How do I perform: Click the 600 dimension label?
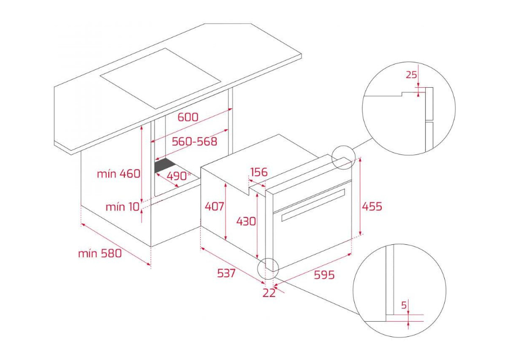pyautogui.click(x=188, y=117)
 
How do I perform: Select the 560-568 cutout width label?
pyautogui.click(x=195, y=142)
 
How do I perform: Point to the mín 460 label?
pyautogui.click(x=118, y=173)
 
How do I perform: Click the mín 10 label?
pyautogui.click(x=122, y=207)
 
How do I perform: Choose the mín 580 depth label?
pyautogui.click(x=100, y=253)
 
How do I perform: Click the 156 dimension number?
pyautogui.click(x=259, y=172)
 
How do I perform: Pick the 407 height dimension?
pyautogui.click(x=214, y=207)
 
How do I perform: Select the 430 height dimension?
pyautogui.click(x=246, y=221)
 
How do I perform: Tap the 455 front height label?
pyautogui.click(x=372, y=207)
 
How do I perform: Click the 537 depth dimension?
pyautogui.click(x=227, y=273)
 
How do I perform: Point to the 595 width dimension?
pyautogui.click(x=324, y=274)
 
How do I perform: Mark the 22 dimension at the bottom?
pyautogui.click(x=269, y=293)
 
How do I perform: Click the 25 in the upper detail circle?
pyautogui.click(x=411, y=75)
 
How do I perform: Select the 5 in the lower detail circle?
pyautogui.click(x=404, y=305)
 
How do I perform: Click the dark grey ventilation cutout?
pyautogui.click(x=165, y=165)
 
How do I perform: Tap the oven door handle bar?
pyautogui.click(x=313, y=205)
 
